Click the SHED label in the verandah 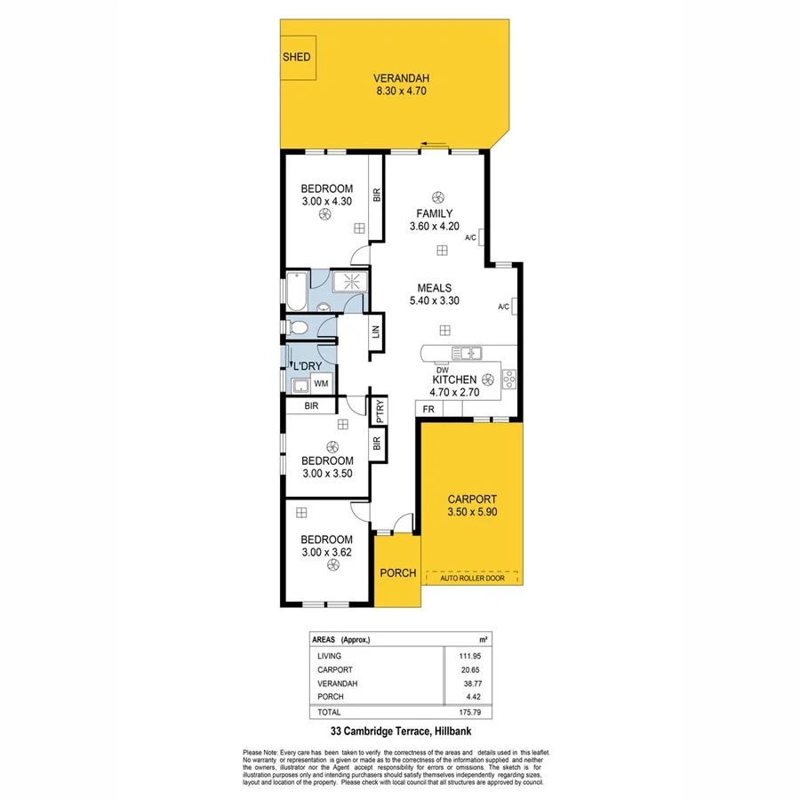297,57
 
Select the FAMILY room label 436,213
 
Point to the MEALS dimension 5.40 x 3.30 436,301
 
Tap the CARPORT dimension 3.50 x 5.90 472,513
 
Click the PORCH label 397,572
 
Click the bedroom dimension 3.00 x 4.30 326,202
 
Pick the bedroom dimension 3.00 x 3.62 326,553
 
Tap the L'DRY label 307,366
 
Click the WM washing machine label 321,384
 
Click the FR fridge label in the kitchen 428,409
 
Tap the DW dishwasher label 441,368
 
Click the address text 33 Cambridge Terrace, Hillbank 399,732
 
